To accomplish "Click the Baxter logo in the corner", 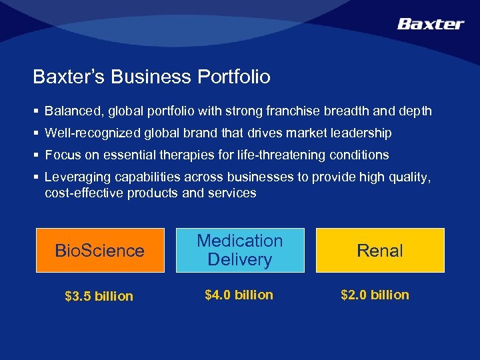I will click(430, 24).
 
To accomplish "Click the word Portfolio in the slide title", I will click(233, 77).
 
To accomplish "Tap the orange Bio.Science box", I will click(99, 251).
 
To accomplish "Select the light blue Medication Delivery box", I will click(240, 250).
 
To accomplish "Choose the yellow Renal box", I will click(379, 251).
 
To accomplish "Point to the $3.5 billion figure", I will click(99, 296).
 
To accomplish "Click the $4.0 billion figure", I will click(239, 295).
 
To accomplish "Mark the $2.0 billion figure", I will click(375, 295).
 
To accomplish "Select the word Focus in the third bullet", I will click(60, 155).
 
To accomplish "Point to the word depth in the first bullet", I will click(416, 111).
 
